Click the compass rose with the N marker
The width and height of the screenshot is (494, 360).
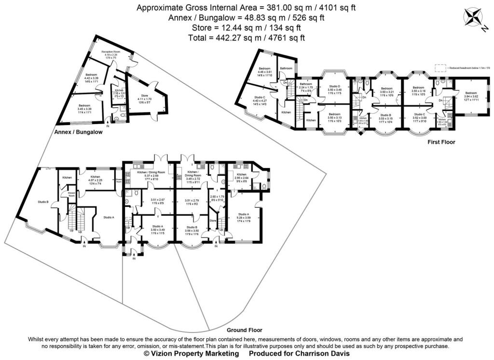[473, 18]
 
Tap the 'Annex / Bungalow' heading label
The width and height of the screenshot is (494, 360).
[80, 131]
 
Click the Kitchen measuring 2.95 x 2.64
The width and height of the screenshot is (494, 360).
[242, 177]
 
